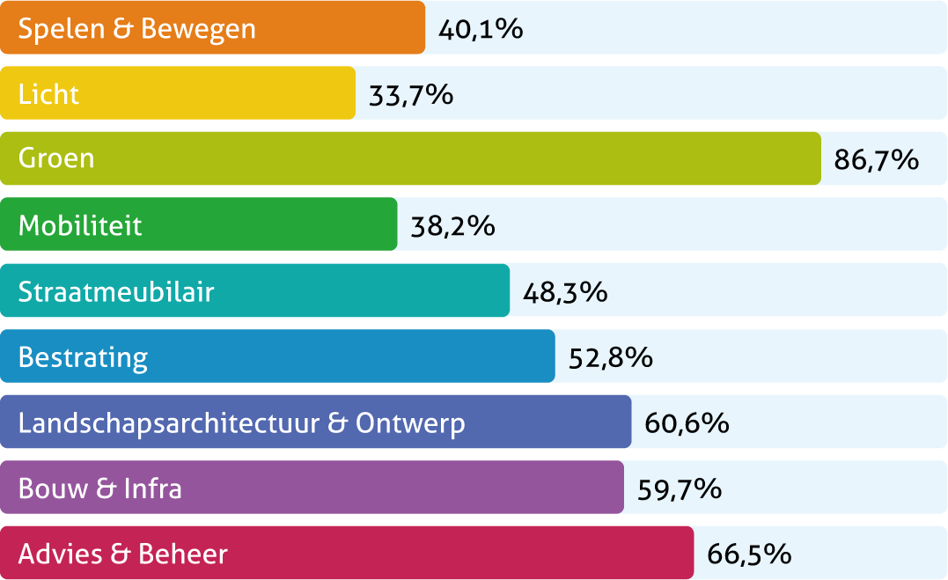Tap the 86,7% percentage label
tap(876, 160)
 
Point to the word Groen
tap(56, 159)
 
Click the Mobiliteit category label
tap(80, 225)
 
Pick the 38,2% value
tap(452, 226)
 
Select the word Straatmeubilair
tap(116, 291)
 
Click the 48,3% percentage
tap(564, 292)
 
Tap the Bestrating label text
tap(83, 358)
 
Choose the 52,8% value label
tap(610, 358)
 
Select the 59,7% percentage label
tap(679, 489)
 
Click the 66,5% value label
tap(749, 555)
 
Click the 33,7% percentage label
tap(411, 94)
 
